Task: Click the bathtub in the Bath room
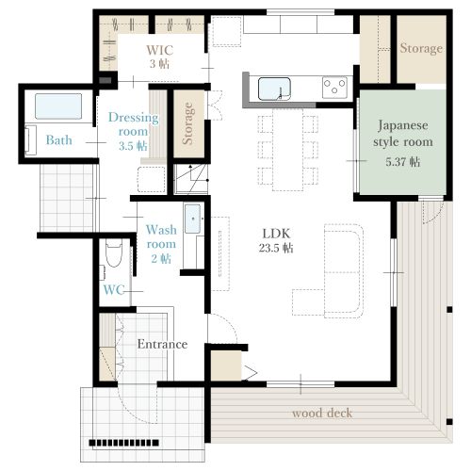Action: point(58,106)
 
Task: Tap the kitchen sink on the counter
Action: point(274,89)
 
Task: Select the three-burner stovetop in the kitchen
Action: point(334,87)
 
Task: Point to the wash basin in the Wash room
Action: point(192,219)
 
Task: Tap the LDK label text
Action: point(276,234)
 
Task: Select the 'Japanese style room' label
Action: point(403,134)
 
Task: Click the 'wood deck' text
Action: point(322,413)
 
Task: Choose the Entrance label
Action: point(162,344)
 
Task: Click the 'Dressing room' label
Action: point(133,124)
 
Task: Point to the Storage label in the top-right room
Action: point(421,48)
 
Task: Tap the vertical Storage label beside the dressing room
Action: point(187,123)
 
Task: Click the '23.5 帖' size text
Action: point(276,248)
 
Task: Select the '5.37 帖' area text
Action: point(403,162)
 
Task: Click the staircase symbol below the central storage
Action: point(191,179)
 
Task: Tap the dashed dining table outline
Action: point(288,150)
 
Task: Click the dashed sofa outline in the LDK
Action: point(344,270)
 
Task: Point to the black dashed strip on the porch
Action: point(123,443)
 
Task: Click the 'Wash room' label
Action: point(161,236)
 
